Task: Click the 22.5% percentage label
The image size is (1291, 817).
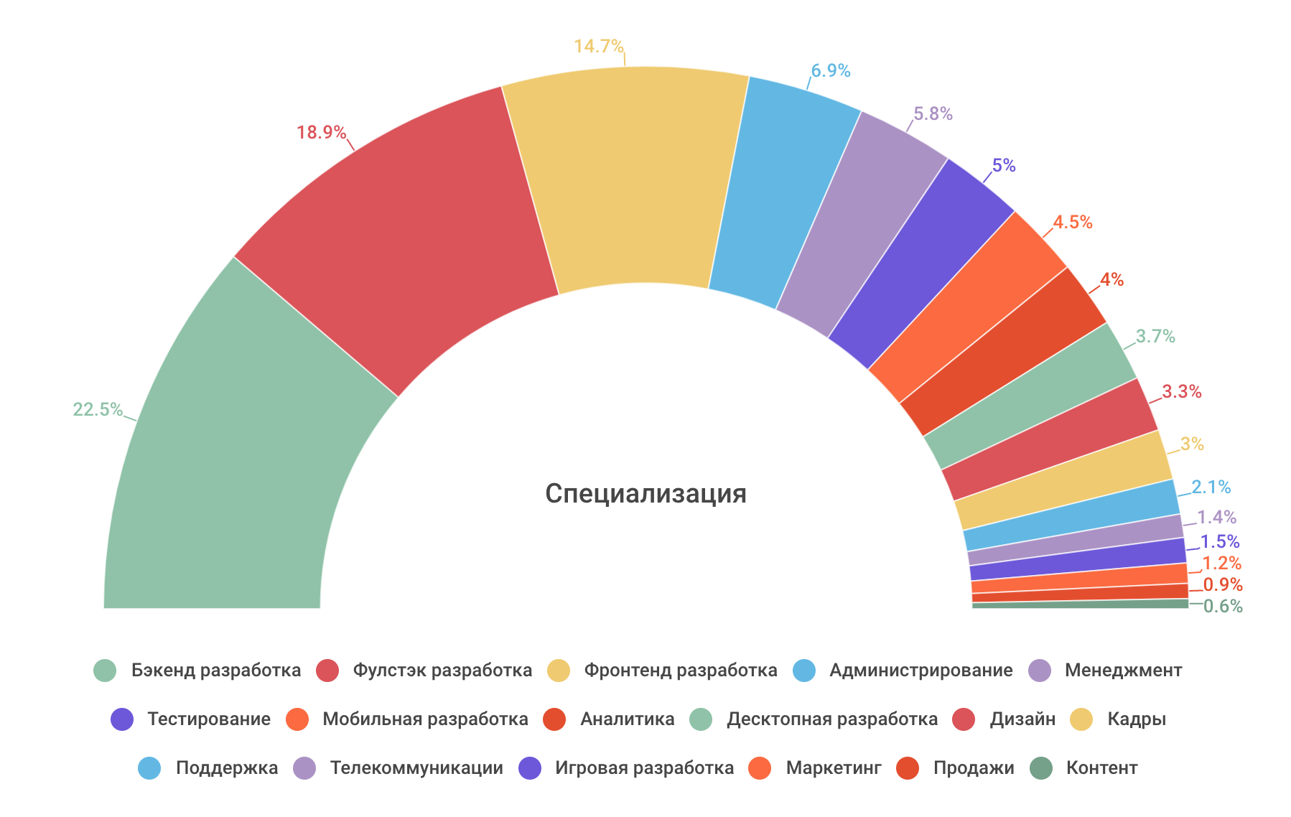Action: pyautogui.click(x=98, y=409)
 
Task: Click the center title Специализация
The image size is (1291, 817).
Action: pyautogui.click(x=645, y=494)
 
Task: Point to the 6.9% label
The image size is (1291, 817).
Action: pyautogui.click(x=831, y=70)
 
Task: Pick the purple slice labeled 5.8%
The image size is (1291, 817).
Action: pyautogui.click(x=862, y=223)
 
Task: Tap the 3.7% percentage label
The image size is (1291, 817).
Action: pyautogui.click(x=1155, y=336)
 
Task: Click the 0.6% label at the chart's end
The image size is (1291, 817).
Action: pyautogui.click(x=1223, y=607)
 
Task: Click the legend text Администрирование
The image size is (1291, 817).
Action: pyautogui.click(x=921, y=671)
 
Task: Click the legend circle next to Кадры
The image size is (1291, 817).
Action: pyautogui.click(x=1081, y=719)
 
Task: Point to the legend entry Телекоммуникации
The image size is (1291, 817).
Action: pyautogui.click(x=416, y=768)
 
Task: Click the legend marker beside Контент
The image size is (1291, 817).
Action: pyautogui.click(x=1041, y=768)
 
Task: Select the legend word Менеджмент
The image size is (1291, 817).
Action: pyautogui.click(x=1123, y=671)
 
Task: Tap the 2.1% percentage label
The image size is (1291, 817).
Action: pyautogui.click(x=1211, y=487)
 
